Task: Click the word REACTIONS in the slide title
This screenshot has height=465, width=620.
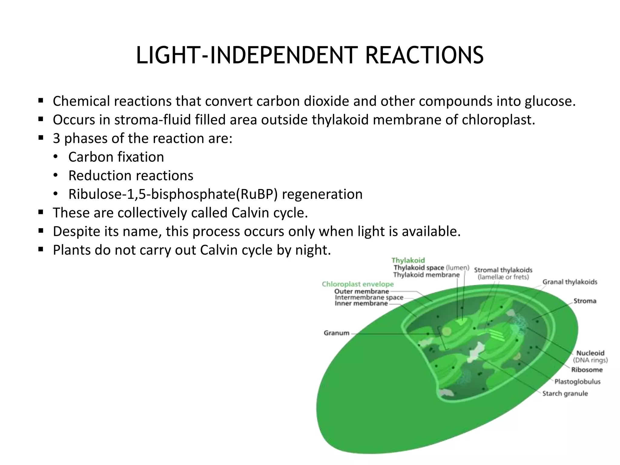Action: point(424,55)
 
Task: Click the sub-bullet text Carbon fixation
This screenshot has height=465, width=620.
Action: point(116,157)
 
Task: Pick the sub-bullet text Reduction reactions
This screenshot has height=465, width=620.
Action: point(131,176)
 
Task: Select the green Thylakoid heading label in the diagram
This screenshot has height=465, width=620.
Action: point(408,260)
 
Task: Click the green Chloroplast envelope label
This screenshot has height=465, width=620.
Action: point(358,284)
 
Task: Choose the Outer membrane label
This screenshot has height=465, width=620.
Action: point(361,291)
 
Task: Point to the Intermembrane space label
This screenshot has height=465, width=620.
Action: point(369,297)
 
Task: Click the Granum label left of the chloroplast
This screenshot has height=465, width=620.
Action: point(336,333)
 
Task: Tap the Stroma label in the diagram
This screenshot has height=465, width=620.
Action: point(585,301)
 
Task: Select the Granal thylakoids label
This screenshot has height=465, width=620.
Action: point(569,282)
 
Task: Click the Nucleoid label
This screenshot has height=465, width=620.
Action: point(590,353)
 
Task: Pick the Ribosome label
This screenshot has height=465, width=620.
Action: point(587,370)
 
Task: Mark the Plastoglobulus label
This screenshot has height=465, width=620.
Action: point(577,382)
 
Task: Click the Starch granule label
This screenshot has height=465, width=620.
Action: point(565,394)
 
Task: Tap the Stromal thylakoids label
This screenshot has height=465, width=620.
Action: point(503,270)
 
